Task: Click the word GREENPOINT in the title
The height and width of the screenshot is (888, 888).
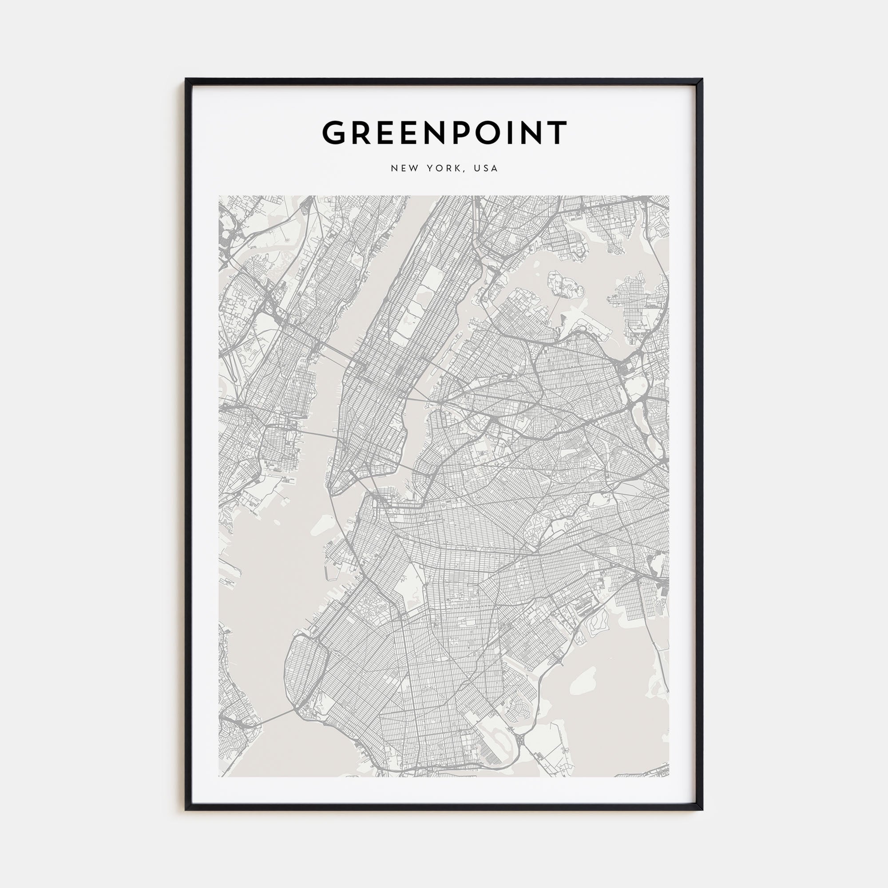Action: (x=444, y=133)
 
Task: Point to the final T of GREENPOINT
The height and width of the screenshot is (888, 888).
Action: (x=558, y=133)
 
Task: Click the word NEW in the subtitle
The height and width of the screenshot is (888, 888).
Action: (x=404, y=168)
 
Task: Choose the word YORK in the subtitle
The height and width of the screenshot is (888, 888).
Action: (x=443, y=168)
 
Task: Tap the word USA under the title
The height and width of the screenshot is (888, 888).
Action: (x=486, y=168)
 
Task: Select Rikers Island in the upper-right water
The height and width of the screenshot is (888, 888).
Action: (x=565, y=285)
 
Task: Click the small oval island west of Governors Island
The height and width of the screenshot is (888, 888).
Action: (x=277, y=522)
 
